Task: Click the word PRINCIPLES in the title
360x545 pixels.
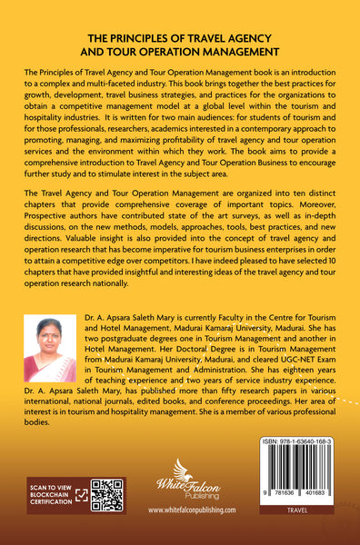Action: click(159, 39)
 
